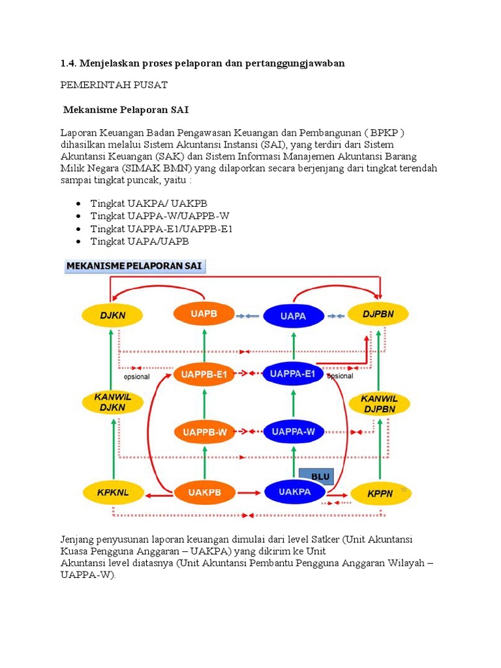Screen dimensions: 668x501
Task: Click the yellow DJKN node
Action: click(x=112, y=315)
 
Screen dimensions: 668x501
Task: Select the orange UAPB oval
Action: click(x=204, y=314)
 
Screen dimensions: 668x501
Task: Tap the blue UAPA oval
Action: click(x=294, y=316)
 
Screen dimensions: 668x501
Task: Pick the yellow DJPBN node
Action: click(x=378, y=315)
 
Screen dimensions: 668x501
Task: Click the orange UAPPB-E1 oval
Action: click(x=204, y=374)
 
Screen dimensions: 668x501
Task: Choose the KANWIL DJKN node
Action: click(x=112, y=403)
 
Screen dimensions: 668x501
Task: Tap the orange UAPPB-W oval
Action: click(x=204, y=431)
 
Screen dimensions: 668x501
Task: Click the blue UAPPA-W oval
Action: click(x=293, y=431)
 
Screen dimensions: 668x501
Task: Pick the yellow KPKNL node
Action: click(x=112, y=493)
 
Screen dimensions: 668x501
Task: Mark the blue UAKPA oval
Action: click(x=294, y=492)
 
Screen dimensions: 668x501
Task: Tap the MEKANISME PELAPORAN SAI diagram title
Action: click(x=135, y=266)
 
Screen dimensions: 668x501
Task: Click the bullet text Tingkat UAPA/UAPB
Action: click(x=140, y=241)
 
